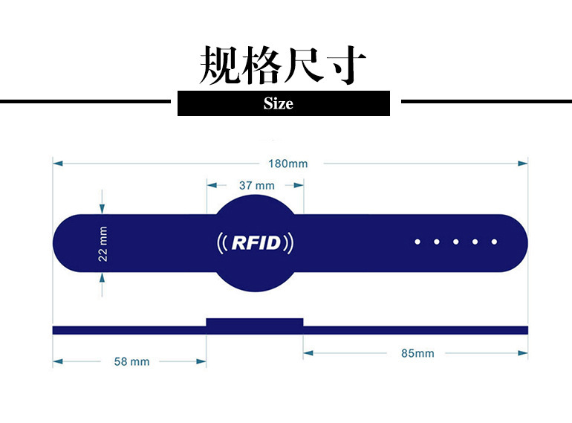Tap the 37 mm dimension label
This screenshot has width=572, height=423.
(257, 185)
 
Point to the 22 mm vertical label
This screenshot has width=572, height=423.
(103, 243)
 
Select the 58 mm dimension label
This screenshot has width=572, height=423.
(131, 361)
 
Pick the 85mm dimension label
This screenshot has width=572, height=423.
(417, 353)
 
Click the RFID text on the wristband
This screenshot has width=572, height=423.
(256, 242)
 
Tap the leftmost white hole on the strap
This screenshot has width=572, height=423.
(417, 242)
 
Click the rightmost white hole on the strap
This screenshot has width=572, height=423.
(495, 242)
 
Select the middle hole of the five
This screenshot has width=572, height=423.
(456, 242)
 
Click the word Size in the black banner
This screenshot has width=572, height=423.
(279, 103)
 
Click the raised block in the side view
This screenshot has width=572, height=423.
(255, 324)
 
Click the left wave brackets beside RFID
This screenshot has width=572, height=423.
(221, 242)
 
